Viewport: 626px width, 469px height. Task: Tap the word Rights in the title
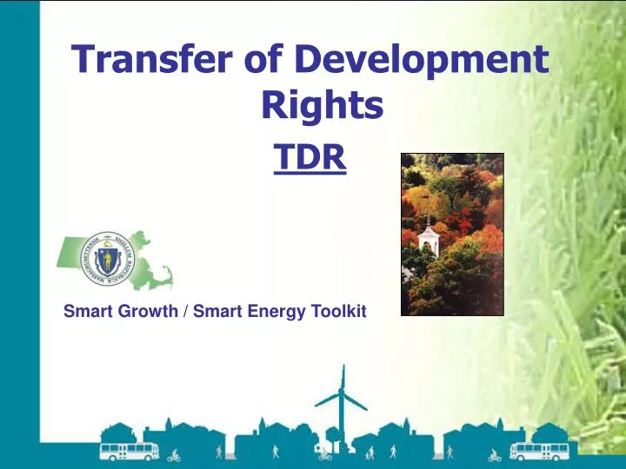pos(322,105)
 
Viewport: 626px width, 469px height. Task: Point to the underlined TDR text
pos(310,158)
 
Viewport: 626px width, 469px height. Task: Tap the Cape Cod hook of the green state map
pos(165,276)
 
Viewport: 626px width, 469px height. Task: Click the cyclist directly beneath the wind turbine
pos(324,453)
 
